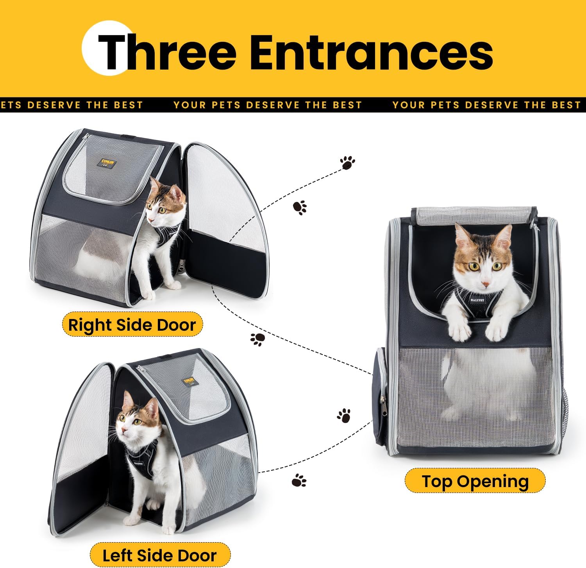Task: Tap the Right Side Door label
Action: pos(132,324)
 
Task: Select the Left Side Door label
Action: pos(159,555)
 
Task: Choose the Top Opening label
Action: pos(475,481)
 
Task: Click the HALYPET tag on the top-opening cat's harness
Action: pos(477,300)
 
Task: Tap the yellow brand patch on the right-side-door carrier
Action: pos(107,163)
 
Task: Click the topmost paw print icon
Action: pos(347,163)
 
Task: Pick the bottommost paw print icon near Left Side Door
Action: pos(299,480)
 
